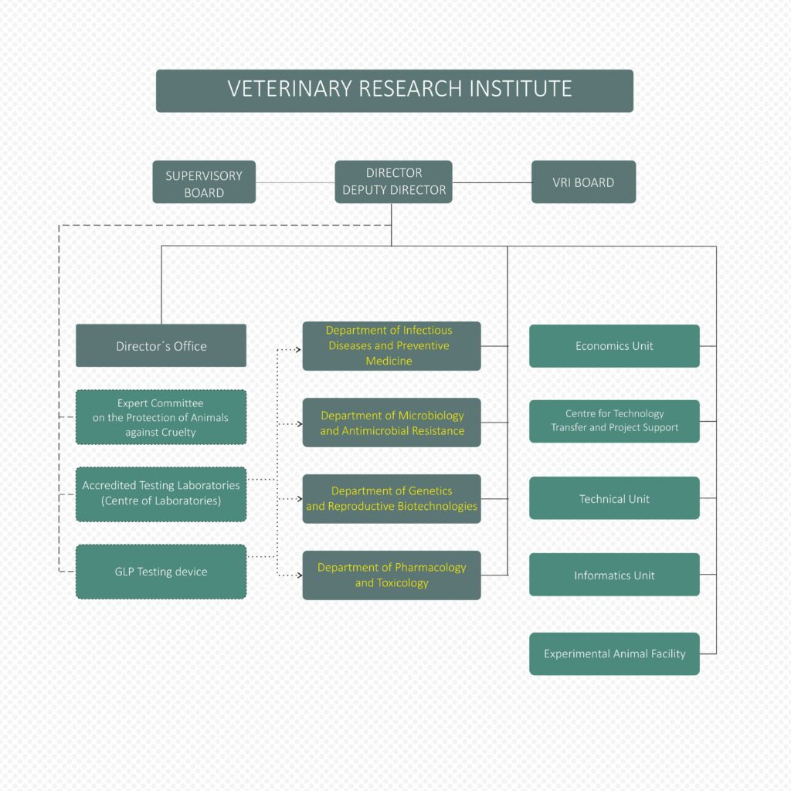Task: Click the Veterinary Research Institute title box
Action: pyautogui.click(x=394, y=90)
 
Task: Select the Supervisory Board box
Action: pyautogui.click(x=204, y=182)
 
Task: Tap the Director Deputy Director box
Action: pyautogui.click(x=393, y=182)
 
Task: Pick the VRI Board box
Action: pyautogui.click(x=583, y=182)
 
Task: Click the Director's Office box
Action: pyautogui.click(x=161, y=345)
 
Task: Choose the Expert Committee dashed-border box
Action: pyautogui.click(x=161, y=417)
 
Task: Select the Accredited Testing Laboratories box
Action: pyautogui.click(x=161, y=494)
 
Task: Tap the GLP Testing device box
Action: pyautogui.click(x=161, y=572)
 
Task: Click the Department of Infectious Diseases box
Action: pyautogui.click(x=391, y=345)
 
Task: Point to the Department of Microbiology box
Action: pyautogui.click(x=391, y=423)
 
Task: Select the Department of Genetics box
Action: pyautogui.click(x=391, y=498)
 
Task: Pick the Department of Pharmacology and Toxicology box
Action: pyautogui.click(x=391, y=575)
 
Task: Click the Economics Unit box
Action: pyautogui.click(x=614, y=345)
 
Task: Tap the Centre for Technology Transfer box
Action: pyautogui.click(x=614, y=421)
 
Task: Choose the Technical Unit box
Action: pyautogui.click(x=614, y=498)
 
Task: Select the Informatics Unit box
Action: pyautogui.click(x=614, y=575)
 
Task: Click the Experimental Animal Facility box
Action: pyautogui.click(x=614, y=654)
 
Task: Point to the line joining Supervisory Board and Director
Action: pyautogui.click(x=295, y=183)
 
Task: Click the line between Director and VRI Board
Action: pyautogui.click(x=491, y=183)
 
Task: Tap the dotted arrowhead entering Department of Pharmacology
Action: pyautogui.click(x=297, y=575)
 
